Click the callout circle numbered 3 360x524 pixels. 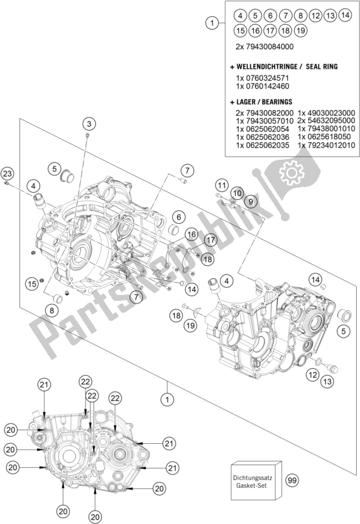89,124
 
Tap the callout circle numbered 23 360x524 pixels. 7,173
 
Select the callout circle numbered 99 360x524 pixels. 292,481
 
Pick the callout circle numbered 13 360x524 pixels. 328,381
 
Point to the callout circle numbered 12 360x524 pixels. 313,375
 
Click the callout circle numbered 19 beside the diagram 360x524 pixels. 191,325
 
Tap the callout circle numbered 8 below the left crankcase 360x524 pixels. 52,311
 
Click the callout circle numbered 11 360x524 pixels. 221,185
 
